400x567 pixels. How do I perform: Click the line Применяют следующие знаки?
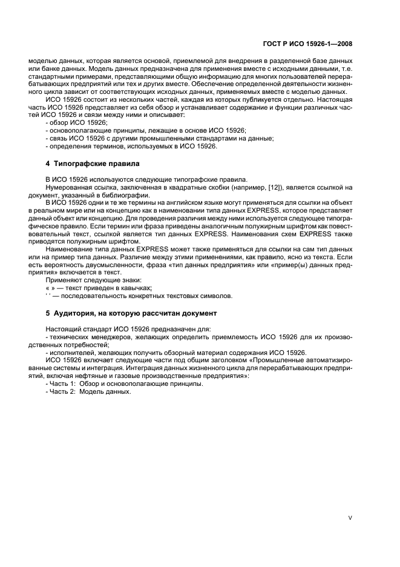click(85, 280)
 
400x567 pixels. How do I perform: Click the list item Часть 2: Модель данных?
click(88, 392)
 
